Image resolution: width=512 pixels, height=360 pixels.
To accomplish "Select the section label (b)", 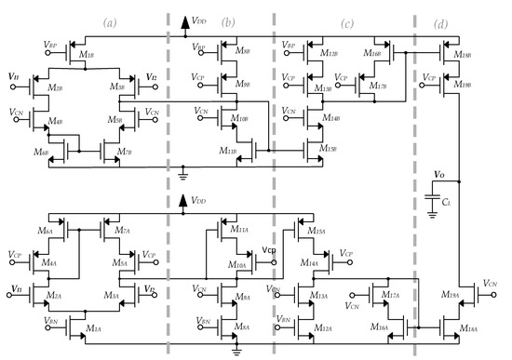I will [x=228, y=20].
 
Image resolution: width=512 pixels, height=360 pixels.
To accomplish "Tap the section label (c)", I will [x=346, y=20].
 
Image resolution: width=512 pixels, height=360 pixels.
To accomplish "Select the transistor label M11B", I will [x=228, y=151].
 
